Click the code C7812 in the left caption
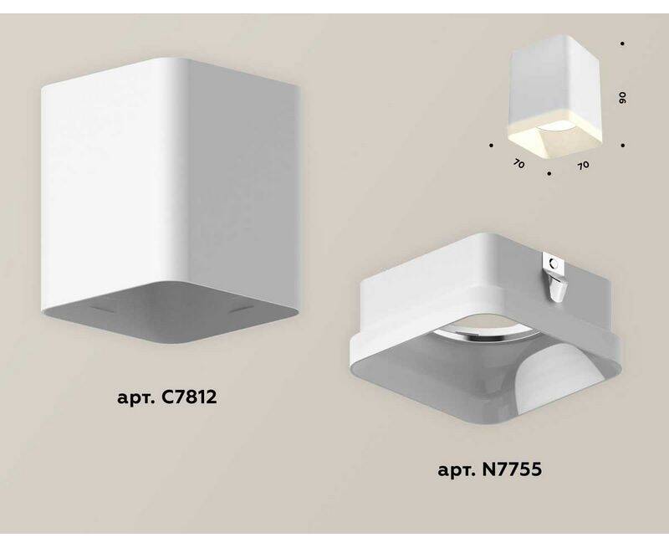pyautogui.click(x=189, y=397)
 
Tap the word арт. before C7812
pyautogui.click(x=135, y=398)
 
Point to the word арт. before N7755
pyautogui.click(x=457, y=471)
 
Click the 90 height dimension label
pyautogui.click(x=622, y=98)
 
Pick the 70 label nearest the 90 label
pyautogui.click(x=583, y=165)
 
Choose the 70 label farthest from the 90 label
pyautogui.click(x=518, y=163)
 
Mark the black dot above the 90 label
pyautogui.click(x=623, y=44)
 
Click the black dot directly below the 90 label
pyautogui.click(x=623, y=146)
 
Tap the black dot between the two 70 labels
pyautogui.click(x=549, y=174)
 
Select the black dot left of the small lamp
pyautogui.click(x=492, y=146)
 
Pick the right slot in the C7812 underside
pyautogui.click(x=242, y=310)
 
